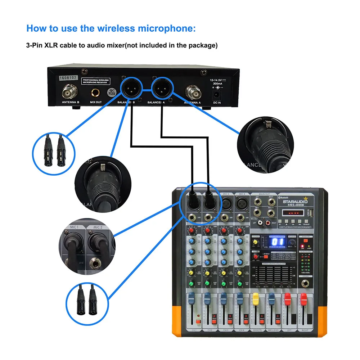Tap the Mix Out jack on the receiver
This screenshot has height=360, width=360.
[96, 93]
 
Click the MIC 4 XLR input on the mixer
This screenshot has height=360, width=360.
[240, 204]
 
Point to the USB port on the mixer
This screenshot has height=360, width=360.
[311, 212]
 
